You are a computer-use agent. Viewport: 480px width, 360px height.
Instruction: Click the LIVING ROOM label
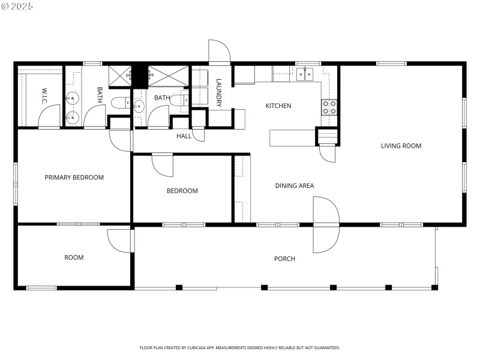401,146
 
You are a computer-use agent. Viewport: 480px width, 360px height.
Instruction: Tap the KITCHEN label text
278,106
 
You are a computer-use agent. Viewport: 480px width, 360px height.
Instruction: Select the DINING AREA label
295,186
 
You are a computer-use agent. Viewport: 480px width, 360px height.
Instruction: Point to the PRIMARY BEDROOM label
74,178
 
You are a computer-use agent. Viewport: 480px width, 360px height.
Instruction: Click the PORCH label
284,259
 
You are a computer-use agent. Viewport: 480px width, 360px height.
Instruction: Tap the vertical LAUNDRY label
219,93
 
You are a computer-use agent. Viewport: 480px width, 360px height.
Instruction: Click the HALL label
184,136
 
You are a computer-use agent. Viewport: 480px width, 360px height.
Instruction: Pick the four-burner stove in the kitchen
329,107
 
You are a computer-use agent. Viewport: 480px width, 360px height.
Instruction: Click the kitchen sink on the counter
305,74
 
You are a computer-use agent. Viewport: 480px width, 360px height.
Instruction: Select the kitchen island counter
292,137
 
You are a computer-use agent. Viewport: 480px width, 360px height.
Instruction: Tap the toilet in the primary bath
119,102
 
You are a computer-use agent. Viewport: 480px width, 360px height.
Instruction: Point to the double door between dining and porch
326,224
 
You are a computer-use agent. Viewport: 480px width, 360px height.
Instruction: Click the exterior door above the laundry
219,52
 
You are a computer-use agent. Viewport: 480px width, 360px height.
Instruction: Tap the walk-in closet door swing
49,116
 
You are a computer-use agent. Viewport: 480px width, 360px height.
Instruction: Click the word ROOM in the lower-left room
74,257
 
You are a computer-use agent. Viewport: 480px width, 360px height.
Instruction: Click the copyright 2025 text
17,6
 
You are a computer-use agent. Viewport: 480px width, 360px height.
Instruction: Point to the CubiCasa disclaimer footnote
240,347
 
